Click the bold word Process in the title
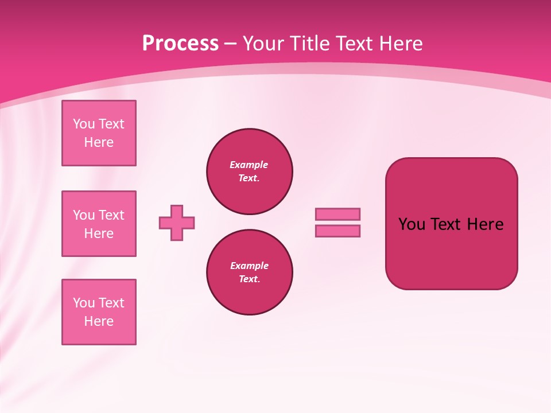pos(180,44)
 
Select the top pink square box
pos(99,133)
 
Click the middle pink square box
pos(99,224)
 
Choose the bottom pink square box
pos(99,312)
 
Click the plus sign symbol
pos(177,223)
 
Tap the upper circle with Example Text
pos(250,172)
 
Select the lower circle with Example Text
pos(250,272)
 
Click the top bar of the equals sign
pos(337,214)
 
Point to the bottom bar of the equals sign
pos(337,231)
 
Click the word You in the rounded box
pos(411,224)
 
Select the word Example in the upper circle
pos(249,165)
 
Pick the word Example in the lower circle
pos(249,266)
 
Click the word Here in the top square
pos(99,142)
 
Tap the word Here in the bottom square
pos(99,321)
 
